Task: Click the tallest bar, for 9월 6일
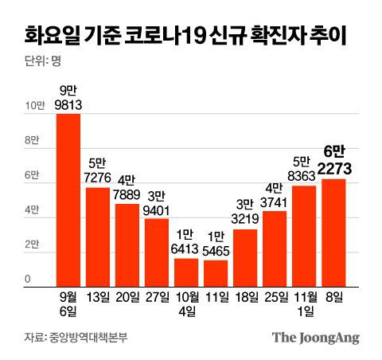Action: (68, 199)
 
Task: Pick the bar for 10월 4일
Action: (186, 272)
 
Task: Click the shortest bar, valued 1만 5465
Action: (216, 272)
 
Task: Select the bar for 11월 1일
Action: (304, 235)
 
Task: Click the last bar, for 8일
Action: (333, 232)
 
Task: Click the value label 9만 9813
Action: (68, 96)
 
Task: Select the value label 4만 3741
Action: (275, 194)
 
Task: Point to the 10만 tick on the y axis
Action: (37, 106)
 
